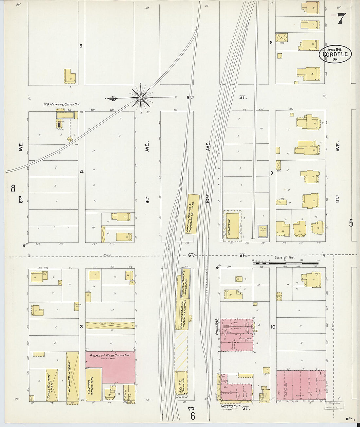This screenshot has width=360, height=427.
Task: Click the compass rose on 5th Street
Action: pyautogui.click(x=141, y=98)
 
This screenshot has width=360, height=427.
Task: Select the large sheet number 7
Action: pyautogui.click(x=341, y=19)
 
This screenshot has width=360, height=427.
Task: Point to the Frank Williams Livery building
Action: pyautogui.click(x=52, y=385)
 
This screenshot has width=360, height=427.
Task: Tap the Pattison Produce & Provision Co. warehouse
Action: pyautogui.click(x=194, y=214)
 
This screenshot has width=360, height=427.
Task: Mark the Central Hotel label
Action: pyautogui.click(x=231, y=406)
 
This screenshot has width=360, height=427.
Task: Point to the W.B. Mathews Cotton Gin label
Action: pyautogui.click(x=62, y=104)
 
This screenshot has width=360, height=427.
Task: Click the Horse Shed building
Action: pyautogui.click(x=110, y=325)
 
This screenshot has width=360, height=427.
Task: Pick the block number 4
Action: pyautogui.click(x=81, y=172)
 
